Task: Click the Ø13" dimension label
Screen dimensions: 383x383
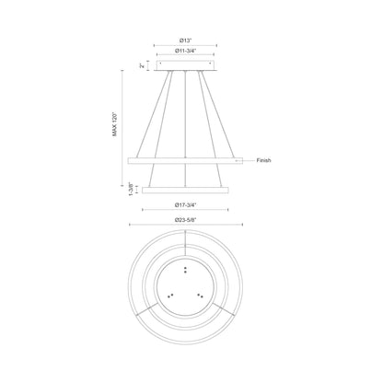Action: click(186, 40)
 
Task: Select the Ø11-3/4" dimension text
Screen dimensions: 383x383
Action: click(187, 52)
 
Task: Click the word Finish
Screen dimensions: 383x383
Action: click(261, 160)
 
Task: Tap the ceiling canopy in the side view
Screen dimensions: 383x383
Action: click(187, 66)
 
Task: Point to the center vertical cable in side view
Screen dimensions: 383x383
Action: click(187, 120)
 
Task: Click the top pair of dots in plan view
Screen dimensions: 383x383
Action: click(187, 269)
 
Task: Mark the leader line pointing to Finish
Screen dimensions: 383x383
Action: click(243, 160)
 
